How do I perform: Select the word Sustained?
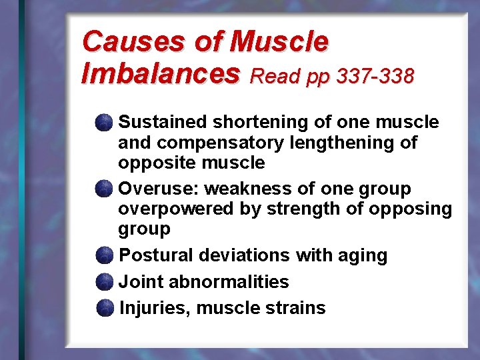pyautogui.click(x=162, y=123)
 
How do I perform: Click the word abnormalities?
pyautogui.click(x=229, y=282)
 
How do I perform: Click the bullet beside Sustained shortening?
pyautogui.click(x=103, y=123)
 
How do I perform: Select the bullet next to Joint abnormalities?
pyautogui.click(x=104, y=282)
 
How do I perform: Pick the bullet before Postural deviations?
pyautogui.click(x=104, y=255)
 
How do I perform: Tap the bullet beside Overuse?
pyautogui.click(x=103, y=189)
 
